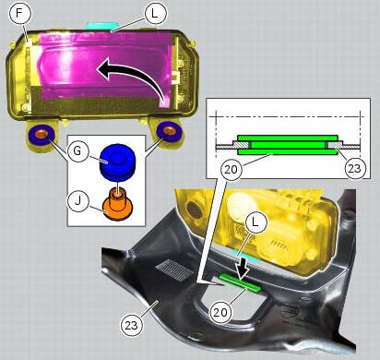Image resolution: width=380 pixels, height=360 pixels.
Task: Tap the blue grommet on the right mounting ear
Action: pos(169,131)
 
